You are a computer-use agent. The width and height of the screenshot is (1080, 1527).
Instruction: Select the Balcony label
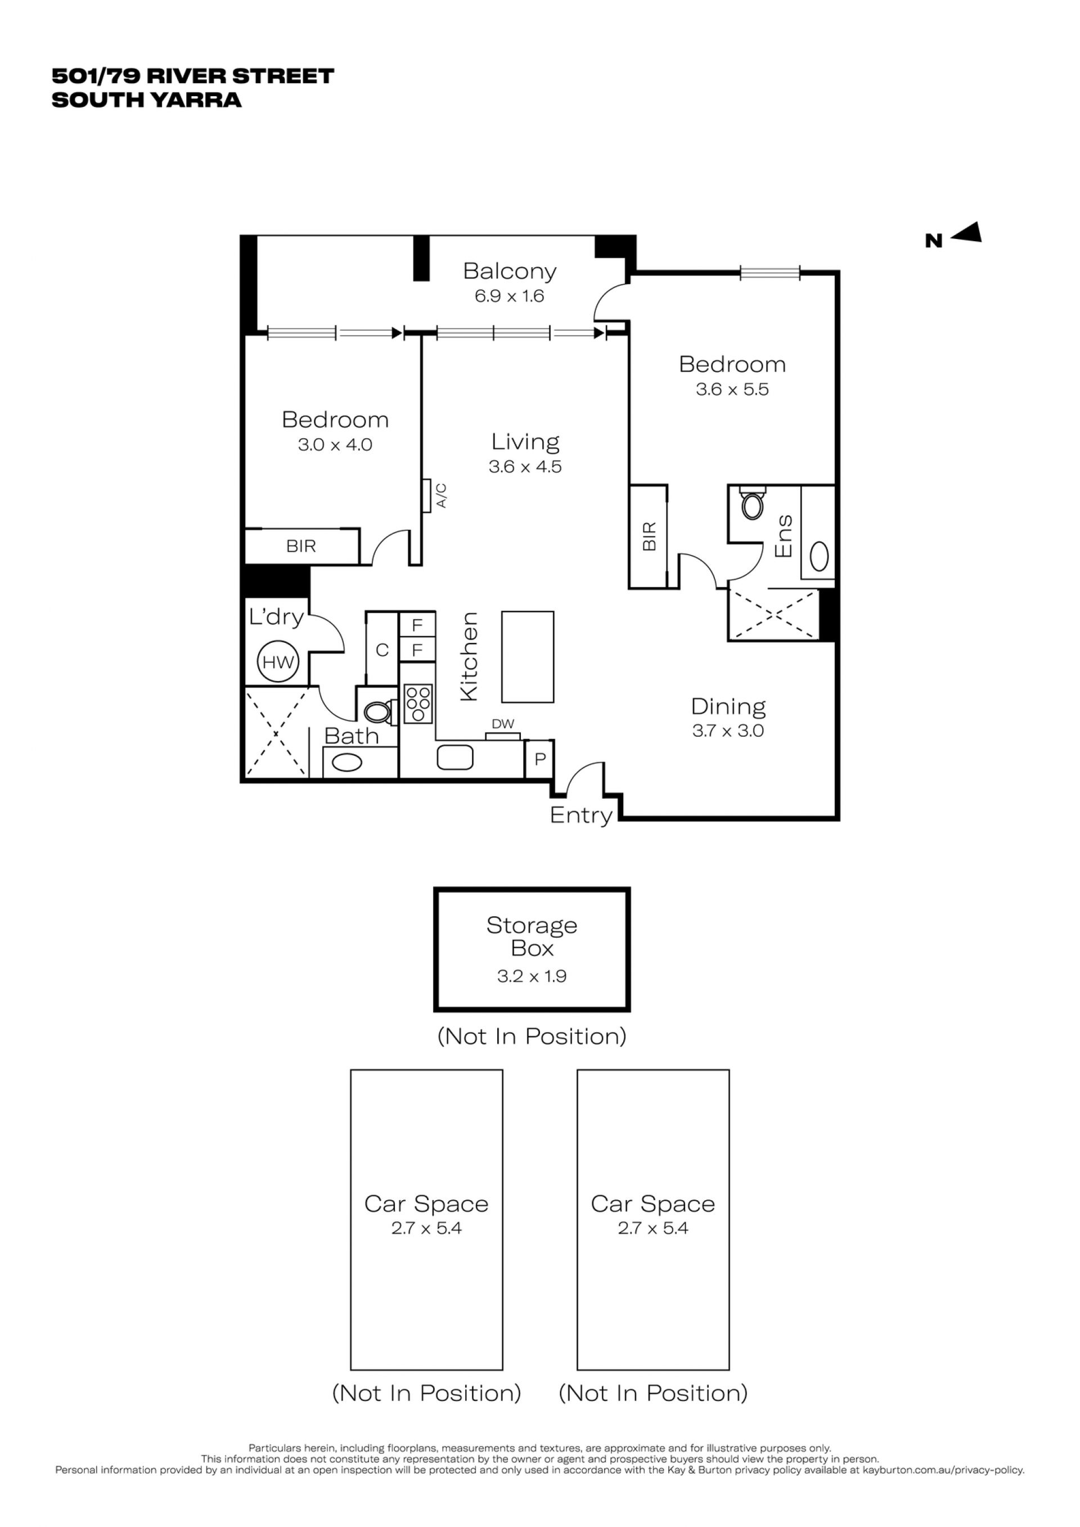click(510, 271)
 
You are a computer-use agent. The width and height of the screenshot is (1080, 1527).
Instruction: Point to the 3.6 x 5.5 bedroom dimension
click(732, 389)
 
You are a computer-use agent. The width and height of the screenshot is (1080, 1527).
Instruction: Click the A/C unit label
click(442, 496)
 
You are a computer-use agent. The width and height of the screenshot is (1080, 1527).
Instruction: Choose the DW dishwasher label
click(503, 724)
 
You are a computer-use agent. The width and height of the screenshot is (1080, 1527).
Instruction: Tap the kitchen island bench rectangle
click(528, 656)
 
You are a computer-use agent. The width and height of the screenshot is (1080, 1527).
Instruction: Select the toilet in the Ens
click(752, 503)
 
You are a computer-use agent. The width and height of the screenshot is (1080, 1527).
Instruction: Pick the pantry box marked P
click(539, 758)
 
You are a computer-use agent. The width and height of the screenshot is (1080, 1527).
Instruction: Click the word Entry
click(581, 816)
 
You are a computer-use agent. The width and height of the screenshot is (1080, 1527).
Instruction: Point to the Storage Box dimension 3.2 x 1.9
click(532, 976)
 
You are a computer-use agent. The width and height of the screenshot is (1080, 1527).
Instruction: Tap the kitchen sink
click(455, 757)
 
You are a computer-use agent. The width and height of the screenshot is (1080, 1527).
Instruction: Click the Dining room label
click(728, 706)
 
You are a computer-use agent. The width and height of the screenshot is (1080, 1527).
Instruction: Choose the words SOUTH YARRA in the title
click(146, 100)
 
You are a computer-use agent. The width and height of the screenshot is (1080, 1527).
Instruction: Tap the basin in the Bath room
click(346, 762)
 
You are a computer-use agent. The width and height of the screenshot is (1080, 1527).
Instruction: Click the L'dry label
click(276, 617)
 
